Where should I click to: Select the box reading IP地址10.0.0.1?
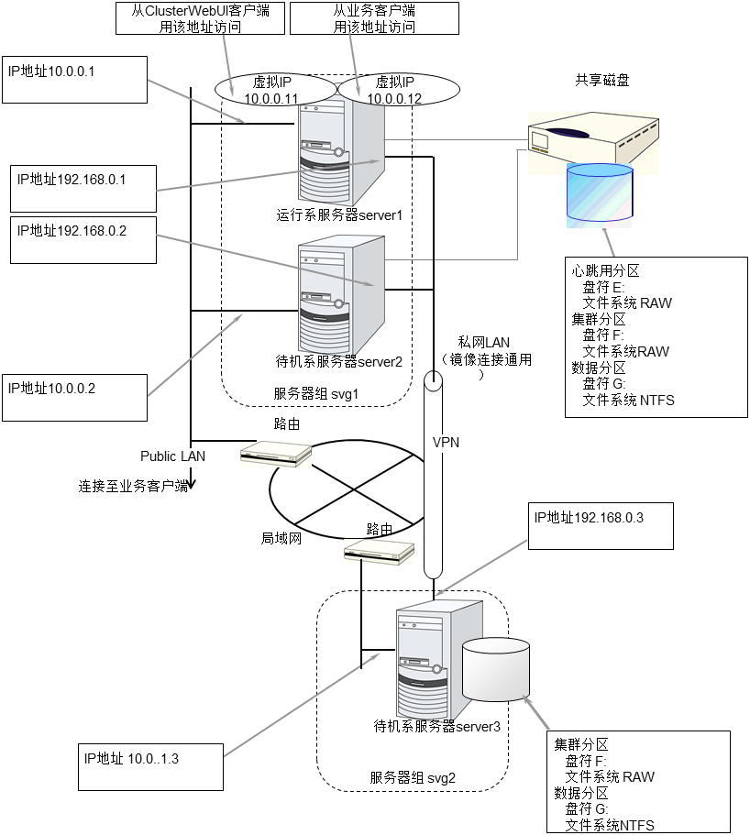[74, 79]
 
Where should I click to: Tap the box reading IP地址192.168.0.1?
[83, 189]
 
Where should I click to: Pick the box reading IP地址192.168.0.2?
[83, 239]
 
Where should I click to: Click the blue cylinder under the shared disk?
[600, 192]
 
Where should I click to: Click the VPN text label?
[446, 442]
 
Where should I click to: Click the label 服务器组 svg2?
[413, 777]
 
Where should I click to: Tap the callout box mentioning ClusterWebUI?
[201, 18]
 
